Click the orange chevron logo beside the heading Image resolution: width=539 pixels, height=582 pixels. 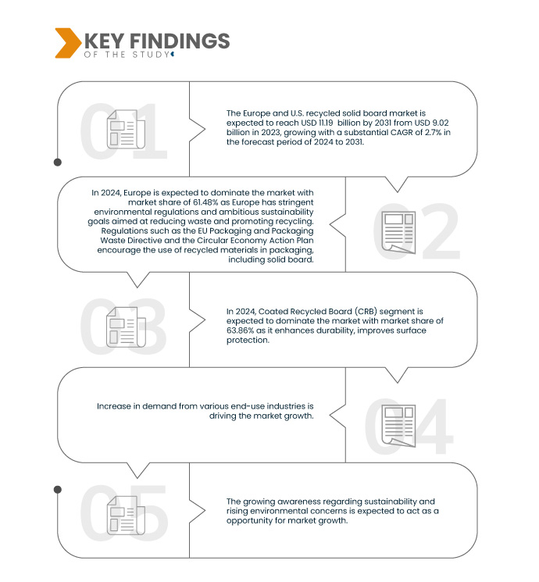click(67, 43)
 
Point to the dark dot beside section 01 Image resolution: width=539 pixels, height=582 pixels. click(57, 162)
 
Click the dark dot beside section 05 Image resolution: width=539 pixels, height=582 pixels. click(57, 489)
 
